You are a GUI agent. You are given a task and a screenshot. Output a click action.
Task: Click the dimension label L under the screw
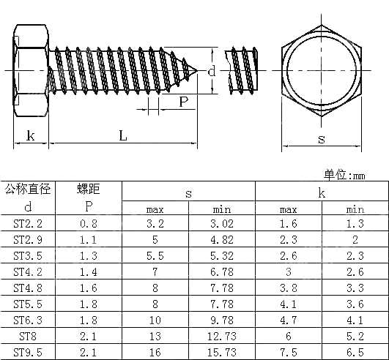point(122,135)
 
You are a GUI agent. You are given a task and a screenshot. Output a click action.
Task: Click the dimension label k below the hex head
point(31,135)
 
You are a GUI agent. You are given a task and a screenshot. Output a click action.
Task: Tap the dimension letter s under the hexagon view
point(321,138)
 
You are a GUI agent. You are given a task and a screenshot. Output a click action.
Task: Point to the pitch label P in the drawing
point(183,102)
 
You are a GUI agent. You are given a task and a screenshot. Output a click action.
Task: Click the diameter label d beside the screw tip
point(211,71)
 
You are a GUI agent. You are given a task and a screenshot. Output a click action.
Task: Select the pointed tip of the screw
point(198,71)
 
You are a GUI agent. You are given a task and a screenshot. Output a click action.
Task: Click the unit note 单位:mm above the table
point(344,175)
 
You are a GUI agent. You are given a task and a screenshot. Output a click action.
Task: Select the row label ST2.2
point(28,223)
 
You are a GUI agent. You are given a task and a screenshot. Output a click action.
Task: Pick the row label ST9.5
point(28,352)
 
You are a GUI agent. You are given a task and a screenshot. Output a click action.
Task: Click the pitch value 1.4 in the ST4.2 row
point(88,271)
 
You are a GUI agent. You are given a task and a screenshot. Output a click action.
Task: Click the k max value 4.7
point(289,320)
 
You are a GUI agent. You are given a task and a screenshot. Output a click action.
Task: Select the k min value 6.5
point(355,352)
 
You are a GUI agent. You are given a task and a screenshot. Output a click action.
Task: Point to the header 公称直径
point(28,189)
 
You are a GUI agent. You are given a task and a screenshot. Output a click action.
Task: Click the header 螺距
point(89,189)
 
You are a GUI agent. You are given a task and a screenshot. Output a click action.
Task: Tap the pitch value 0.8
point(88,223)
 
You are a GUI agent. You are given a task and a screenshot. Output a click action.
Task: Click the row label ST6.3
point(28,320)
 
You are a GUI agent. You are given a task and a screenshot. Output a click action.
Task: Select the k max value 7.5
point(289,352)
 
